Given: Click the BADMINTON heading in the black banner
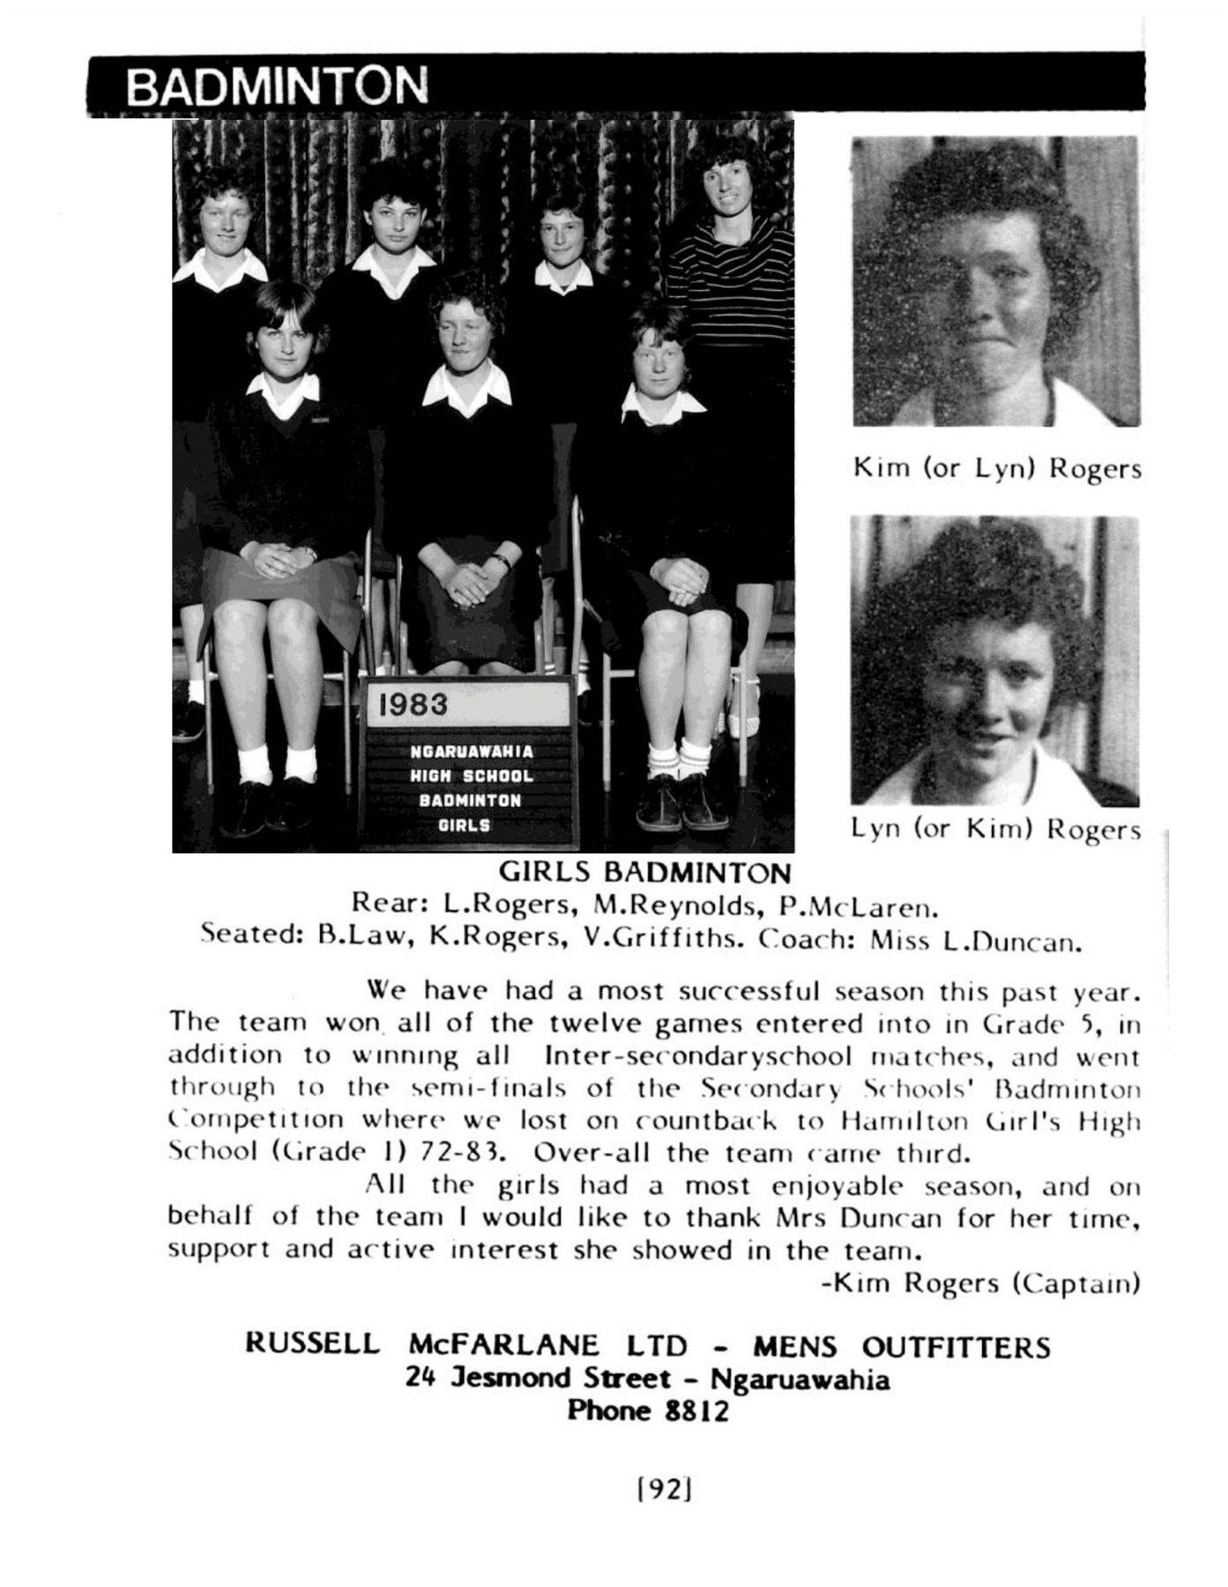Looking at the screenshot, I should click(x=276, y=86).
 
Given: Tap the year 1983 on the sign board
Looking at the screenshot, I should click(x=413, y=704).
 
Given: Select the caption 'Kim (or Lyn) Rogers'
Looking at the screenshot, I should click(x=997, y=467).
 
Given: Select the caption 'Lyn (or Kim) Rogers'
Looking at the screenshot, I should click(x=995, y=829).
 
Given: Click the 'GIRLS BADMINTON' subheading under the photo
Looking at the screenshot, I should click(x=644, y=873).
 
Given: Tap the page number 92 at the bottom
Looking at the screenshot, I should click(x=663, y=1489).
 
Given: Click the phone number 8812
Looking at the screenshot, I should click(x=696, y=1411).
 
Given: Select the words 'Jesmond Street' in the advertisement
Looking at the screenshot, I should click(x=561, y=1378).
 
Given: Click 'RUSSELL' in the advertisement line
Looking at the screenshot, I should click(x=312, y=1345).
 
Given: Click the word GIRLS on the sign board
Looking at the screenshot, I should click(x=464, y=825).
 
